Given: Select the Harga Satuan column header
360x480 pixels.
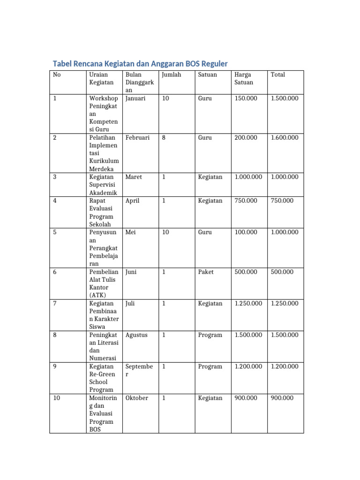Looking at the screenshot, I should pos(244,78).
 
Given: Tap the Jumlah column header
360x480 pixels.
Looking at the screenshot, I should pos(171,75).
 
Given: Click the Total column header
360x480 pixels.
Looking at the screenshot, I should pos(277,75).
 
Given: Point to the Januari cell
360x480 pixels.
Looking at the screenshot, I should pos(135,98).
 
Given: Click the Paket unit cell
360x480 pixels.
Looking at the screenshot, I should pos(205,272).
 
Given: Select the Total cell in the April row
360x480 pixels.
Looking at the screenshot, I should pos(282,201).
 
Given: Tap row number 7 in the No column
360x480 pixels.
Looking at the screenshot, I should pos(55,303).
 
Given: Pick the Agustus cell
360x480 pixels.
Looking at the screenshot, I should pos(136,335).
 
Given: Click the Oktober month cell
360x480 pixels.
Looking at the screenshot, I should pos(137,398).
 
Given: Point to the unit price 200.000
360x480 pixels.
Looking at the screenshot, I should pos(246,138).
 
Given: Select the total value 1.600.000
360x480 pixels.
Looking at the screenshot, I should pos(284,138).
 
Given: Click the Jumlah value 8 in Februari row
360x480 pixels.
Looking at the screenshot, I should pos(164,138).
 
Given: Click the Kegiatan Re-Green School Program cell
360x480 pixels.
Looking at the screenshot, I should pos(101,378).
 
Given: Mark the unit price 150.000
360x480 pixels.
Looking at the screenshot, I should pos(246,98).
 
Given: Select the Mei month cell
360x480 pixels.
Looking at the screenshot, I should pos(131,232).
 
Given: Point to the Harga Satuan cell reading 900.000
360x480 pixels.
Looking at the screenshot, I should pos(246,398).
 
